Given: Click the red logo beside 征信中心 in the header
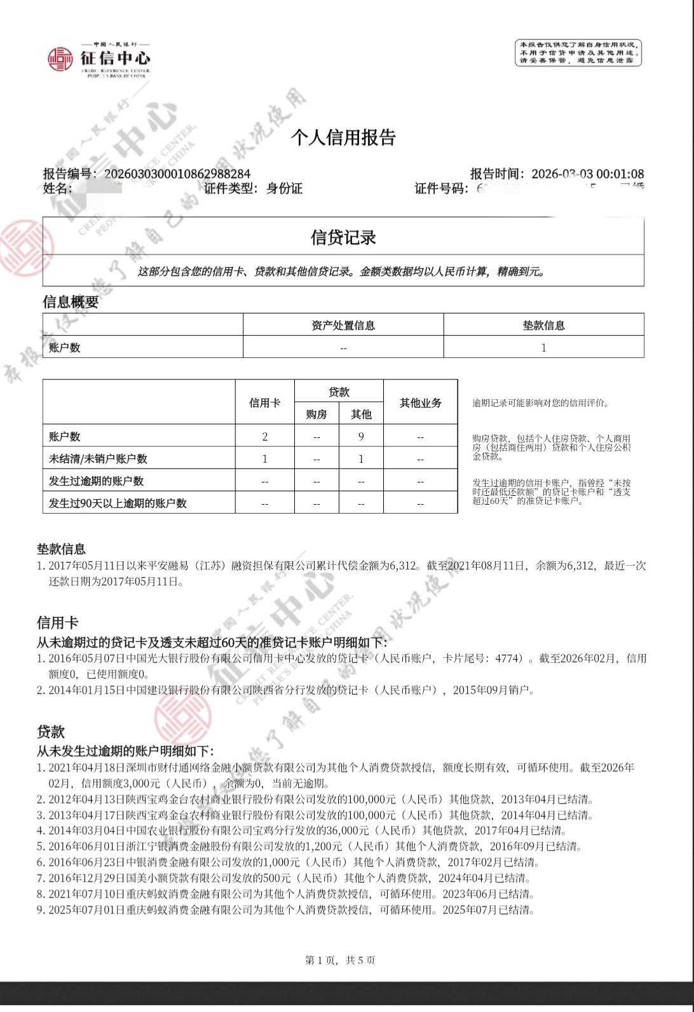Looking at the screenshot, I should click(x=60, y=59).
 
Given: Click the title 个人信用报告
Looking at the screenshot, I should click(x=343, y=137).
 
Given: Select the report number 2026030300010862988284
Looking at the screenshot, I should click(x=177, y=174).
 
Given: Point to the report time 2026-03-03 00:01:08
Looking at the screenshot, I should click(x=587, y=174).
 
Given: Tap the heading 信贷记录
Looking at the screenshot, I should click(x=343, y=237).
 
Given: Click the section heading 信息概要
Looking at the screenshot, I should click(x=71, y=302).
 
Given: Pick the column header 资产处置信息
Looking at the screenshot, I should click(x=343, y=325).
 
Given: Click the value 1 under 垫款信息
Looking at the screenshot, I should click(x=543, y=348).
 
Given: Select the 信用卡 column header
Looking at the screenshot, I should click(x=264, y=403).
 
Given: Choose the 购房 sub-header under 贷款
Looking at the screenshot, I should click(x=316, y=414).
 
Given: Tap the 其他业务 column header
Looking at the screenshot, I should click(x=420, y=403).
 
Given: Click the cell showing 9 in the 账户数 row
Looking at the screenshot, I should click(x=361, y=437).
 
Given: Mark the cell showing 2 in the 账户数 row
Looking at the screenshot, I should click(x=264, y=437).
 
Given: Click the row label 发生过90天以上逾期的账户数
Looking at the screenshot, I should click(x=118, y=503).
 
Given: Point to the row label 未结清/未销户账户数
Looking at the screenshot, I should click(x=98, y=459).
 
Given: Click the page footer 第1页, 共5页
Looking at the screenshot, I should click(x=341, y=960).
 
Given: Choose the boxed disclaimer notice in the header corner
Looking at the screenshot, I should click(x=578, y=53).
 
